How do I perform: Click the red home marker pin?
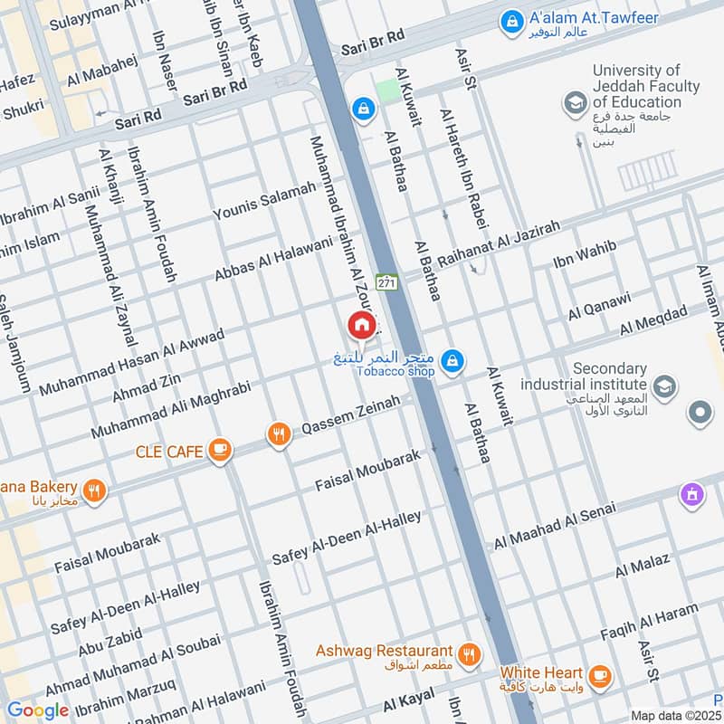click(x=361, y=325)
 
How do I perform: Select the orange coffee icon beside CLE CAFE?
click(x=218, y=449)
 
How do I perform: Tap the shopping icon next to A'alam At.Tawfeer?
click(x=511, y=19)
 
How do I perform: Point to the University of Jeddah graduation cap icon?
click(x=574, y=103)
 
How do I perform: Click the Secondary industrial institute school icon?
click(x=664, y=387)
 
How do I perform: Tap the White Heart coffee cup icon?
click(x=598, y=675)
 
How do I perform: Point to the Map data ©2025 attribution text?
click(x=675, y=715)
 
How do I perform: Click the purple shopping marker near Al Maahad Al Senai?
click(x=692, y=494)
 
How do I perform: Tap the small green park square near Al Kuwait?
click(x=386, y=91)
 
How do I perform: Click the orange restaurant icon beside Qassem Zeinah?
click(x=279, y=434)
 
